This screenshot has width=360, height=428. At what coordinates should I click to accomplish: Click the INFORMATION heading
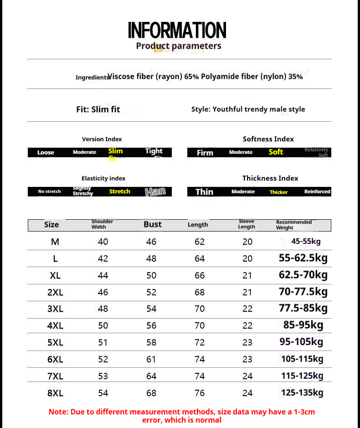177,31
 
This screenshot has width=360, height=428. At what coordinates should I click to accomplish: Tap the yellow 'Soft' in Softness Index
276,152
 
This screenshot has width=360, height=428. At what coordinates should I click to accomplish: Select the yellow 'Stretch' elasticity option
119,191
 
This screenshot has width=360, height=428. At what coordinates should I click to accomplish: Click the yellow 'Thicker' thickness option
278,192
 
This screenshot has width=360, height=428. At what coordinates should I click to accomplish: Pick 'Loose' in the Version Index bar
46,153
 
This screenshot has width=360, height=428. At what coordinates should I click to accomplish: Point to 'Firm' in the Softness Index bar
205,153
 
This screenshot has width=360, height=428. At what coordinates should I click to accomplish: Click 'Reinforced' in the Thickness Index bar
317,191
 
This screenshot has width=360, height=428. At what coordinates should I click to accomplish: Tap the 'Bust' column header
153,224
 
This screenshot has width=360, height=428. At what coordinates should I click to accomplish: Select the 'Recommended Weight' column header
294,225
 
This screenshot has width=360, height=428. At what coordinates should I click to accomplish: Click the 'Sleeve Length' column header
247,224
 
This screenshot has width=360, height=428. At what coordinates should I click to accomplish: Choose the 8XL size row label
55,393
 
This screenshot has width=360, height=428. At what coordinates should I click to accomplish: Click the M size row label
55,242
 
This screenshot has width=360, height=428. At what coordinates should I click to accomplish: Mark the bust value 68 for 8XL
151,393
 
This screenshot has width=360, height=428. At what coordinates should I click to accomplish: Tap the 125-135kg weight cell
302,392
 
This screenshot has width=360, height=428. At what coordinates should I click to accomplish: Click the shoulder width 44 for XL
103,275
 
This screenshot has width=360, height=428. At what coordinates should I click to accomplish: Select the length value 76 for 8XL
200,393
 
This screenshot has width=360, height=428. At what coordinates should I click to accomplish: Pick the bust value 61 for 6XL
151,359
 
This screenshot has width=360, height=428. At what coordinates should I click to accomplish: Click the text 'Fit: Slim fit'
98,109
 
